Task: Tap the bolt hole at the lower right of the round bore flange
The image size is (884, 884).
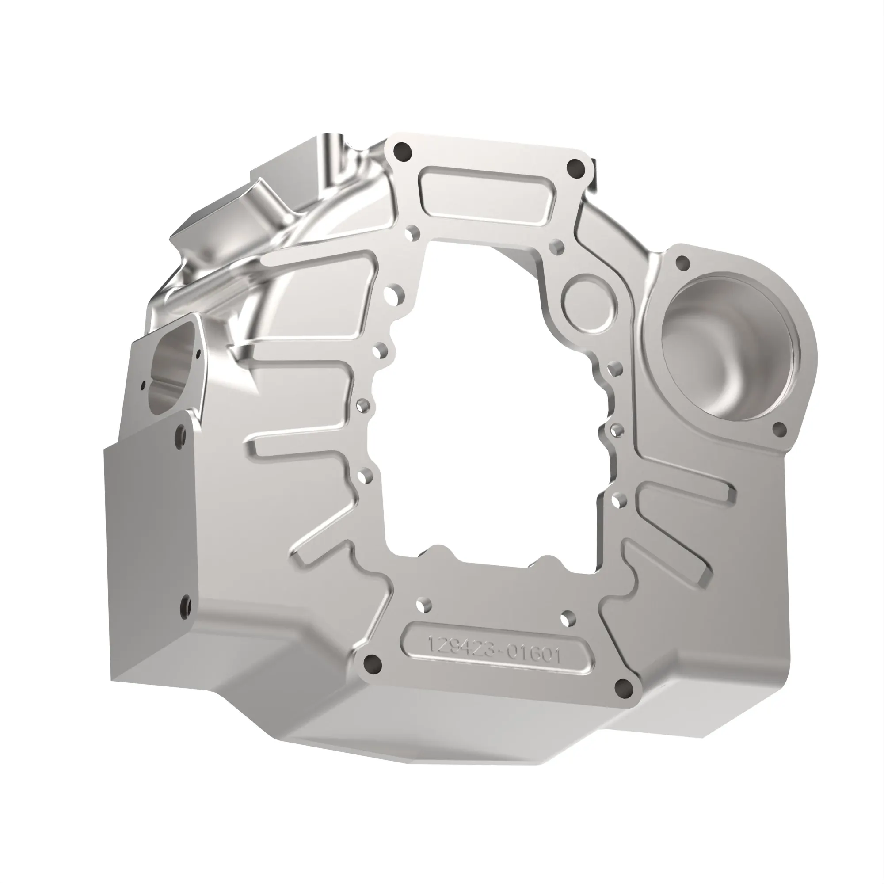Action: tap(779, 429)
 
